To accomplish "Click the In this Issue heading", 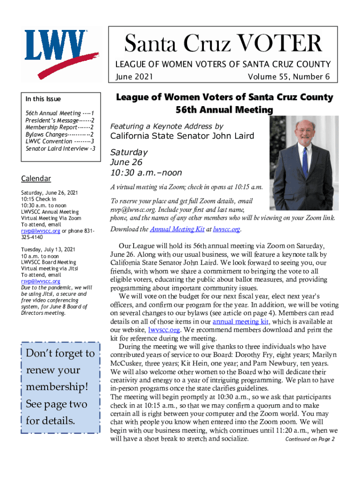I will coord(43,99).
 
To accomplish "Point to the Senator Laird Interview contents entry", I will coord(60,148).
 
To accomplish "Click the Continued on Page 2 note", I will coord(310,439).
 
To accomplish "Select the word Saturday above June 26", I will coord(129,152).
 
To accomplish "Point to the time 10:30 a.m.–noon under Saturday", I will coord(146,173).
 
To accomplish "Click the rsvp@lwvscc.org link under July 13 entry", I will coord(41,281).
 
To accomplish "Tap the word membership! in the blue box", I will coord(57,387).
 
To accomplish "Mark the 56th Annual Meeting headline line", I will coord(224,110).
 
